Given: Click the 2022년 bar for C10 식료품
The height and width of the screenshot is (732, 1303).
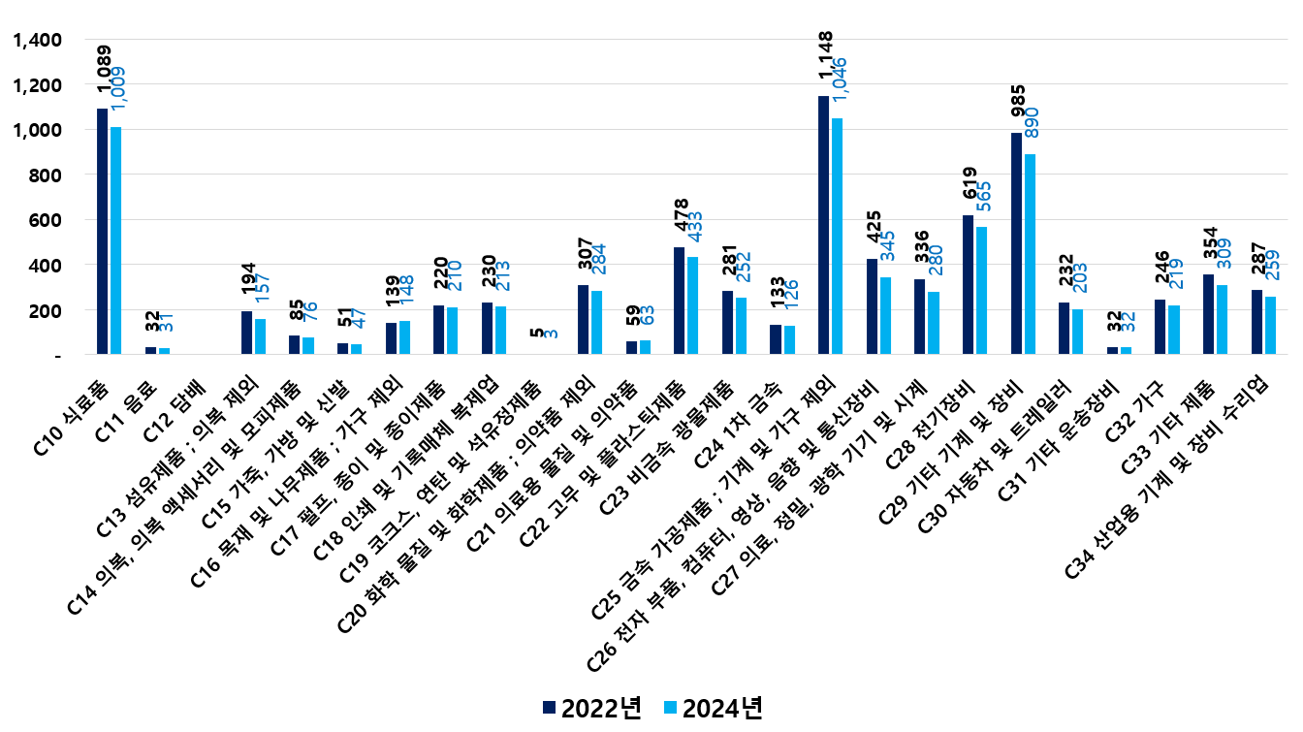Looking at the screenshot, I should click(102, 232).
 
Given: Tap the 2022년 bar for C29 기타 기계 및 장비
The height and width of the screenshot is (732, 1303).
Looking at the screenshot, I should click(1016, 243).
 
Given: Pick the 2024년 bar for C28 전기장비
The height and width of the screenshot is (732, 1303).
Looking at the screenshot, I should click(981, 291).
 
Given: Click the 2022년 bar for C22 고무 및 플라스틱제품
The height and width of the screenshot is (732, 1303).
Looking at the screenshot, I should click(679, 301).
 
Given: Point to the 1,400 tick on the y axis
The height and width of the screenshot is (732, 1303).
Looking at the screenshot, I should click(36, 40).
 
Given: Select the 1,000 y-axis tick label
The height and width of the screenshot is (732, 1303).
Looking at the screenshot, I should click(36, 130).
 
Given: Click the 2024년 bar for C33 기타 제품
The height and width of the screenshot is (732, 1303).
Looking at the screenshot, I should click(1223, 320).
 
